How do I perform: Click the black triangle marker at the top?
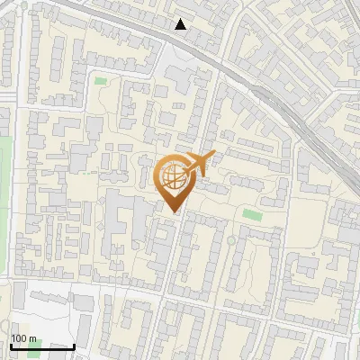point(181,24)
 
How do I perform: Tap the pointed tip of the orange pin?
point(174,211)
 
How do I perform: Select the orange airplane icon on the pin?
point(199,164)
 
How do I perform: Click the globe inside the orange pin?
point(173,176)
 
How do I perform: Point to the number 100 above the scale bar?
point(19,338)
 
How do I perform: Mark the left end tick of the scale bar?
point(10,346)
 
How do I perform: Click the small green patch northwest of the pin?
point(99,81)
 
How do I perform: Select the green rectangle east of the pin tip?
point(252,215)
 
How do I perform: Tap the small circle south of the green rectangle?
point(231,240)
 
